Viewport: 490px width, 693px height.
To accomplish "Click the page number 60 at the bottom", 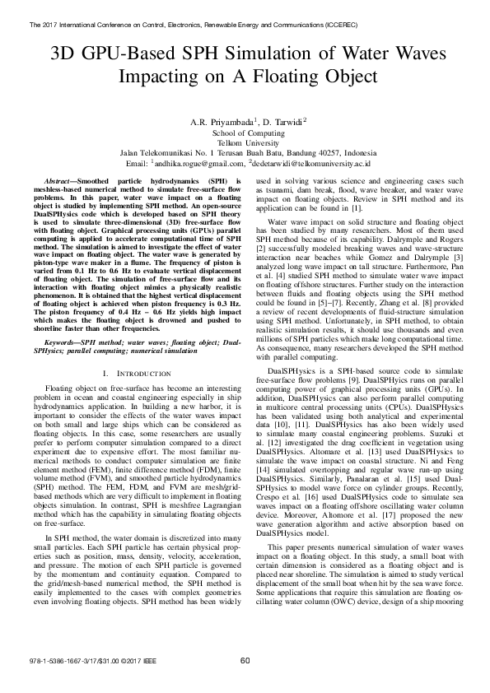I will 245,661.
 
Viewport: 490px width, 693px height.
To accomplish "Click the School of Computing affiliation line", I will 245,133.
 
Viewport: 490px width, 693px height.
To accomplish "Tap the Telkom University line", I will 245,142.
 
